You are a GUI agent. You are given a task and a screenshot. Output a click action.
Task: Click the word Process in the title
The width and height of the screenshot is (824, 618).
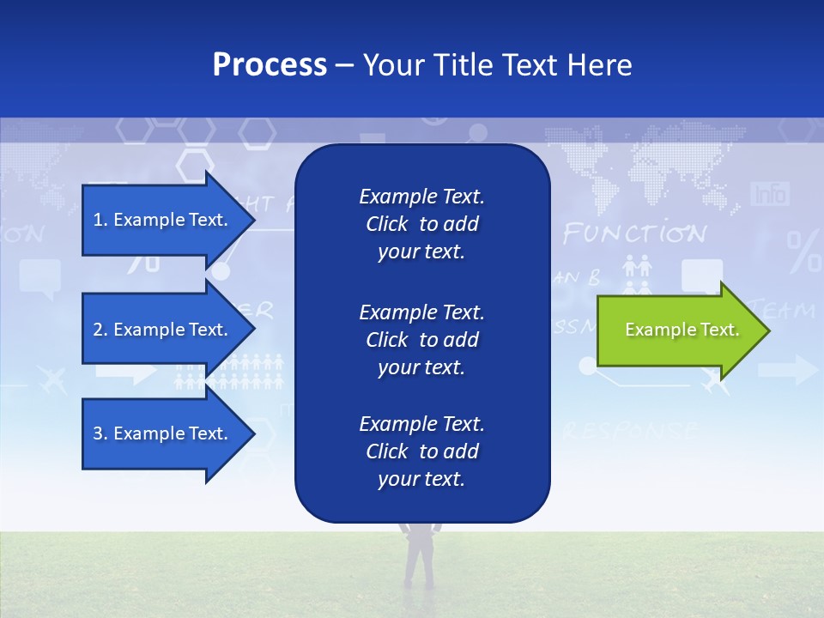270,65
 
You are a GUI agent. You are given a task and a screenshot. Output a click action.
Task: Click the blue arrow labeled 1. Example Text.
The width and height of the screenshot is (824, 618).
163,220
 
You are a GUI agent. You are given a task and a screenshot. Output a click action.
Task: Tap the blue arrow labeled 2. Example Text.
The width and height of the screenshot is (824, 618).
163,330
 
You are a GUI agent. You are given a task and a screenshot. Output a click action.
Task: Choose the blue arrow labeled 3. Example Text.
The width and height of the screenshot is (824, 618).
163,433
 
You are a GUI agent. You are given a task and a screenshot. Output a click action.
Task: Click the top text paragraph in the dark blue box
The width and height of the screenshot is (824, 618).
421,224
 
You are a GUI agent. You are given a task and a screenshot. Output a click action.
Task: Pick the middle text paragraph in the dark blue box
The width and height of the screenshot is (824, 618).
421,340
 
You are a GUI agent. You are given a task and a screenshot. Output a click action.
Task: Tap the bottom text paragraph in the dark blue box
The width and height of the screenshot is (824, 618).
421,451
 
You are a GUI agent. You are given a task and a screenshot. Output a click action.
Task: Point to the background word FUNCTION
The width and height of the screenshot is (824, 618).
634,233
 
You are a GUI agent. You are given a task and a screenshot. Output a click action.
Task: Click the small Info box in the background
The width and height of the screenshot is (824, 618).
769,194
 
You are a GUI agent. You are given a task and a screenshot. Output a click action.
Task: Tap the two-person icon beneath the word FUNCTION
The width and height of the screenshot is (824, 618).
637,267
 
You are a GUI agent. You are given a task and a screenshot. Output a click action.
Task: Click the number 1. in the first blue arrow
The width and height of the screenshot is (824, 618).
100,220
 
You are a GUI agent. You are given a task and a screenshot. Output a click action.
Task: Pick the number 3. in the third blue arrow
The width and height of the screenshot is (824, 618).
100,433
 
